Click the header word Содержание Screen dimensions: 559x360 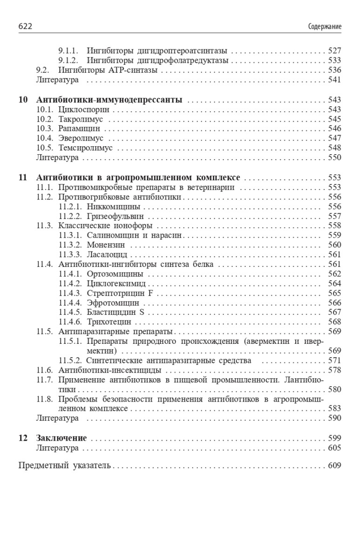click(325, 27)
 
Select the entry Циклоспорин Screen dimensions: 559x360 click(84, 109)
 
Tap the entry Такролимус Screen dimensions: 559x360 click(81, 119)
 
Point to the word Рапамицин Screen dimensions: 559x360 click(79, 129)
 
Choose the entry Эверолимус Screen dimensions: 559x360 click(82, 138)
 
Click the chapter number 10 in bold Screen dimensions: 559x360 click(23, 100)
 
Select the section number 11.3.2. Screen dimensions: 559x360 click(71, 245)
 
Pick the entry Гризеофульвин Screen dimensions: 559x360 click(115, 216)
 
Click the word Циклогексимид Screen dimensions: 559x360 click(116, 283)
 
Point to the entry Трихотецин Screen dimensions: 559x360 click(109, 322)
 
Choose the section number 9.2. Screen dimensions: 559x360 click(43, 70)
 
